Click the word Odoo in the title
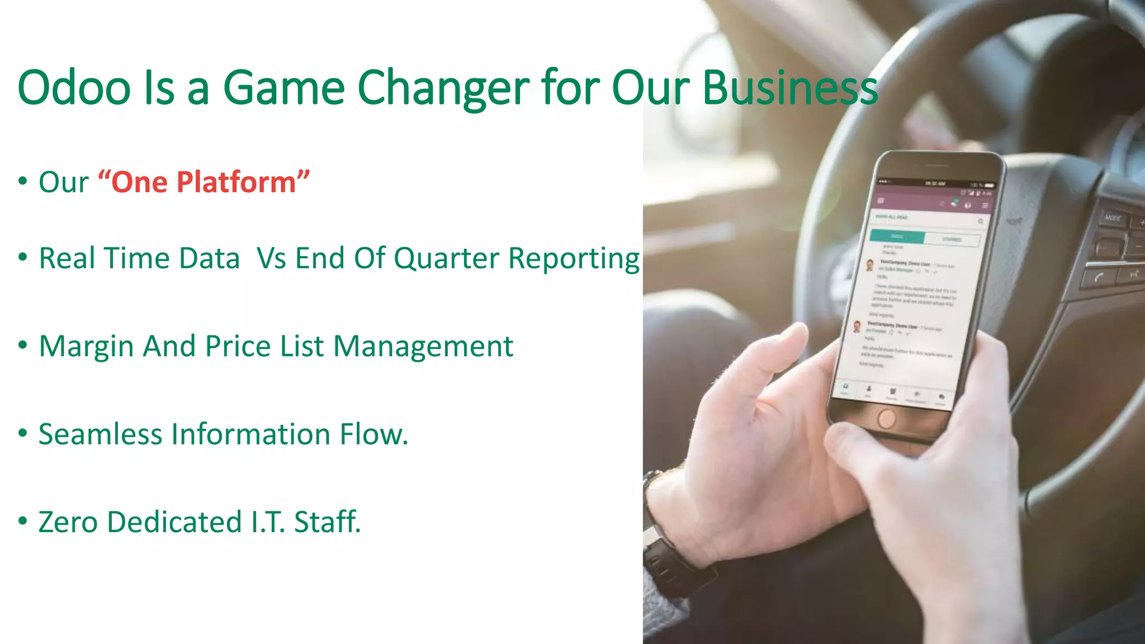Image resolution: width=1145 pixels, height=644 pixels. click(x=74, y=88)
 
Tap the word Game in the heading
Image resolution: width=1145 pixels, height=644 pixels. click(x=284, y=88)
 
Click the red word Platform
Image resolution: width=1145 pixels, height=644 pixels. click(x=236, y=182)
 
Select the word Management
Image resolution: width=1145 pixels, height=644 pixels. click(x=423, y=347)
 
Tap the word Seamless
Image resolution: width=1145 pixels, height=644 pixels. click(x=100, y=434)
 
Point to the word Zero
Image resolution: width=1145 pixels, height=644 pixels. click(x=68, y=522)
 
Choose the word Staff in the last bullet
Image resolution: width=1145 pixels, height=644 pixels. click(x=327, y=522)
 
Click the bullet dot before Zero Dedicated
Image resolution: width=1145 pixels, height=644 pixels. click(x=22, y=521)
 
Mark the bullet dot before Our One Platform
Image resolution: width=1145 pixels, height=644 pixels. click(x=22, y=181)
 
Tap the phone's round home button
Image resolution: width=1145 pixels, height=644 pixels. click(x=886, y=418)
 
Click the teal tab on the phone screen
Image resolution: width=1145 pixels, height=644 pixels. click(x=897, y=236)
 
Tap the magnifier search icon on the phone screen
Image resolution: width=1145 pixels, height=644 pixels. click(x=980, y=222)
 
